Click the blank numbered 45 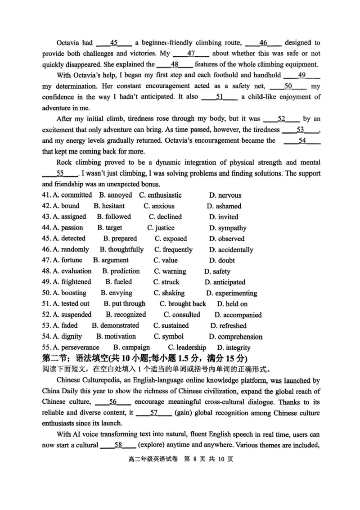114,43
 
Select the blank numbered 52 282,119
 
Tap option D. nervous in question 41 225,195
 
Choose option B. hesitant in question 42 109,206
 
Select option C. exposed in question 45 171,239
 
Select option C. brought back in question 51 183,304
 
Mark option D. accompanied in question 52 238,315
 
